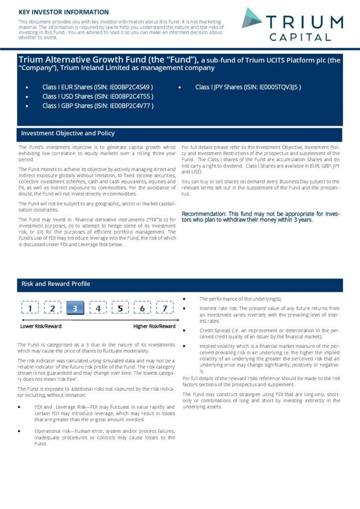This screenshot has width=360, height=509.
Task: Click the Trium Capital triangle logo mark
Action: [252, 18]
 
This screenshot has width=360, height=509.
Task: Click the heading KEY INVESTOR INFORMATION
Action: [64, 12]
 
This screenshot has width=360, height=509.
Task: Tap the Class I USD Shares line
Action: [97, 96]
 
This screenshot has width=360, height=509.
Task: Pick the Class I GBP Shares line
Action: [97, 105]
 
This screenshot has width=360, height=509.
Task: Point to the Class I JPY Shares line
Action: [248, 87]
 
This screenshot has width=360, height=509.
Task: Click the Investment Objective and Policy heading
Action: [68, 133]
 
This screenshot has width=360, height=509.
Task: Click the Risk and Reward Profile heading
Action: [56, 284]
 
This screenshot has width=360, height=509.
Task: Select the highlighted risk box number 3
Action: [75, 309]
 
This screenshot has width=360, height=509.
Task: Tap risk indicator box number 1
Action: [30, 309]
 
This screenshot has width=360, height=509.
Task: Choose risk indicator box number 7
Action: [165, 309]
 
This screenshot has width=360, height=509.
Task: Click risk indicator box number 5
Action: [120, 309]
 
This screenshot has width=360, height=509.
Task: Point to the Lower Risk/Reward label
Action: [41, 327]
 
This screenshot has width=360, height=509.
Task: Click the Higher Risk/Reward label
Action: [154, 327]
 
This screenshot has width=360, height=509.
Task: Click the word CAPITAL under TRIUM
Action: [300, 37]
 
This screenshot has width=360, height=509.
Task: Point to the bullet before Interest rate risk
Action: [184, 308]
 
